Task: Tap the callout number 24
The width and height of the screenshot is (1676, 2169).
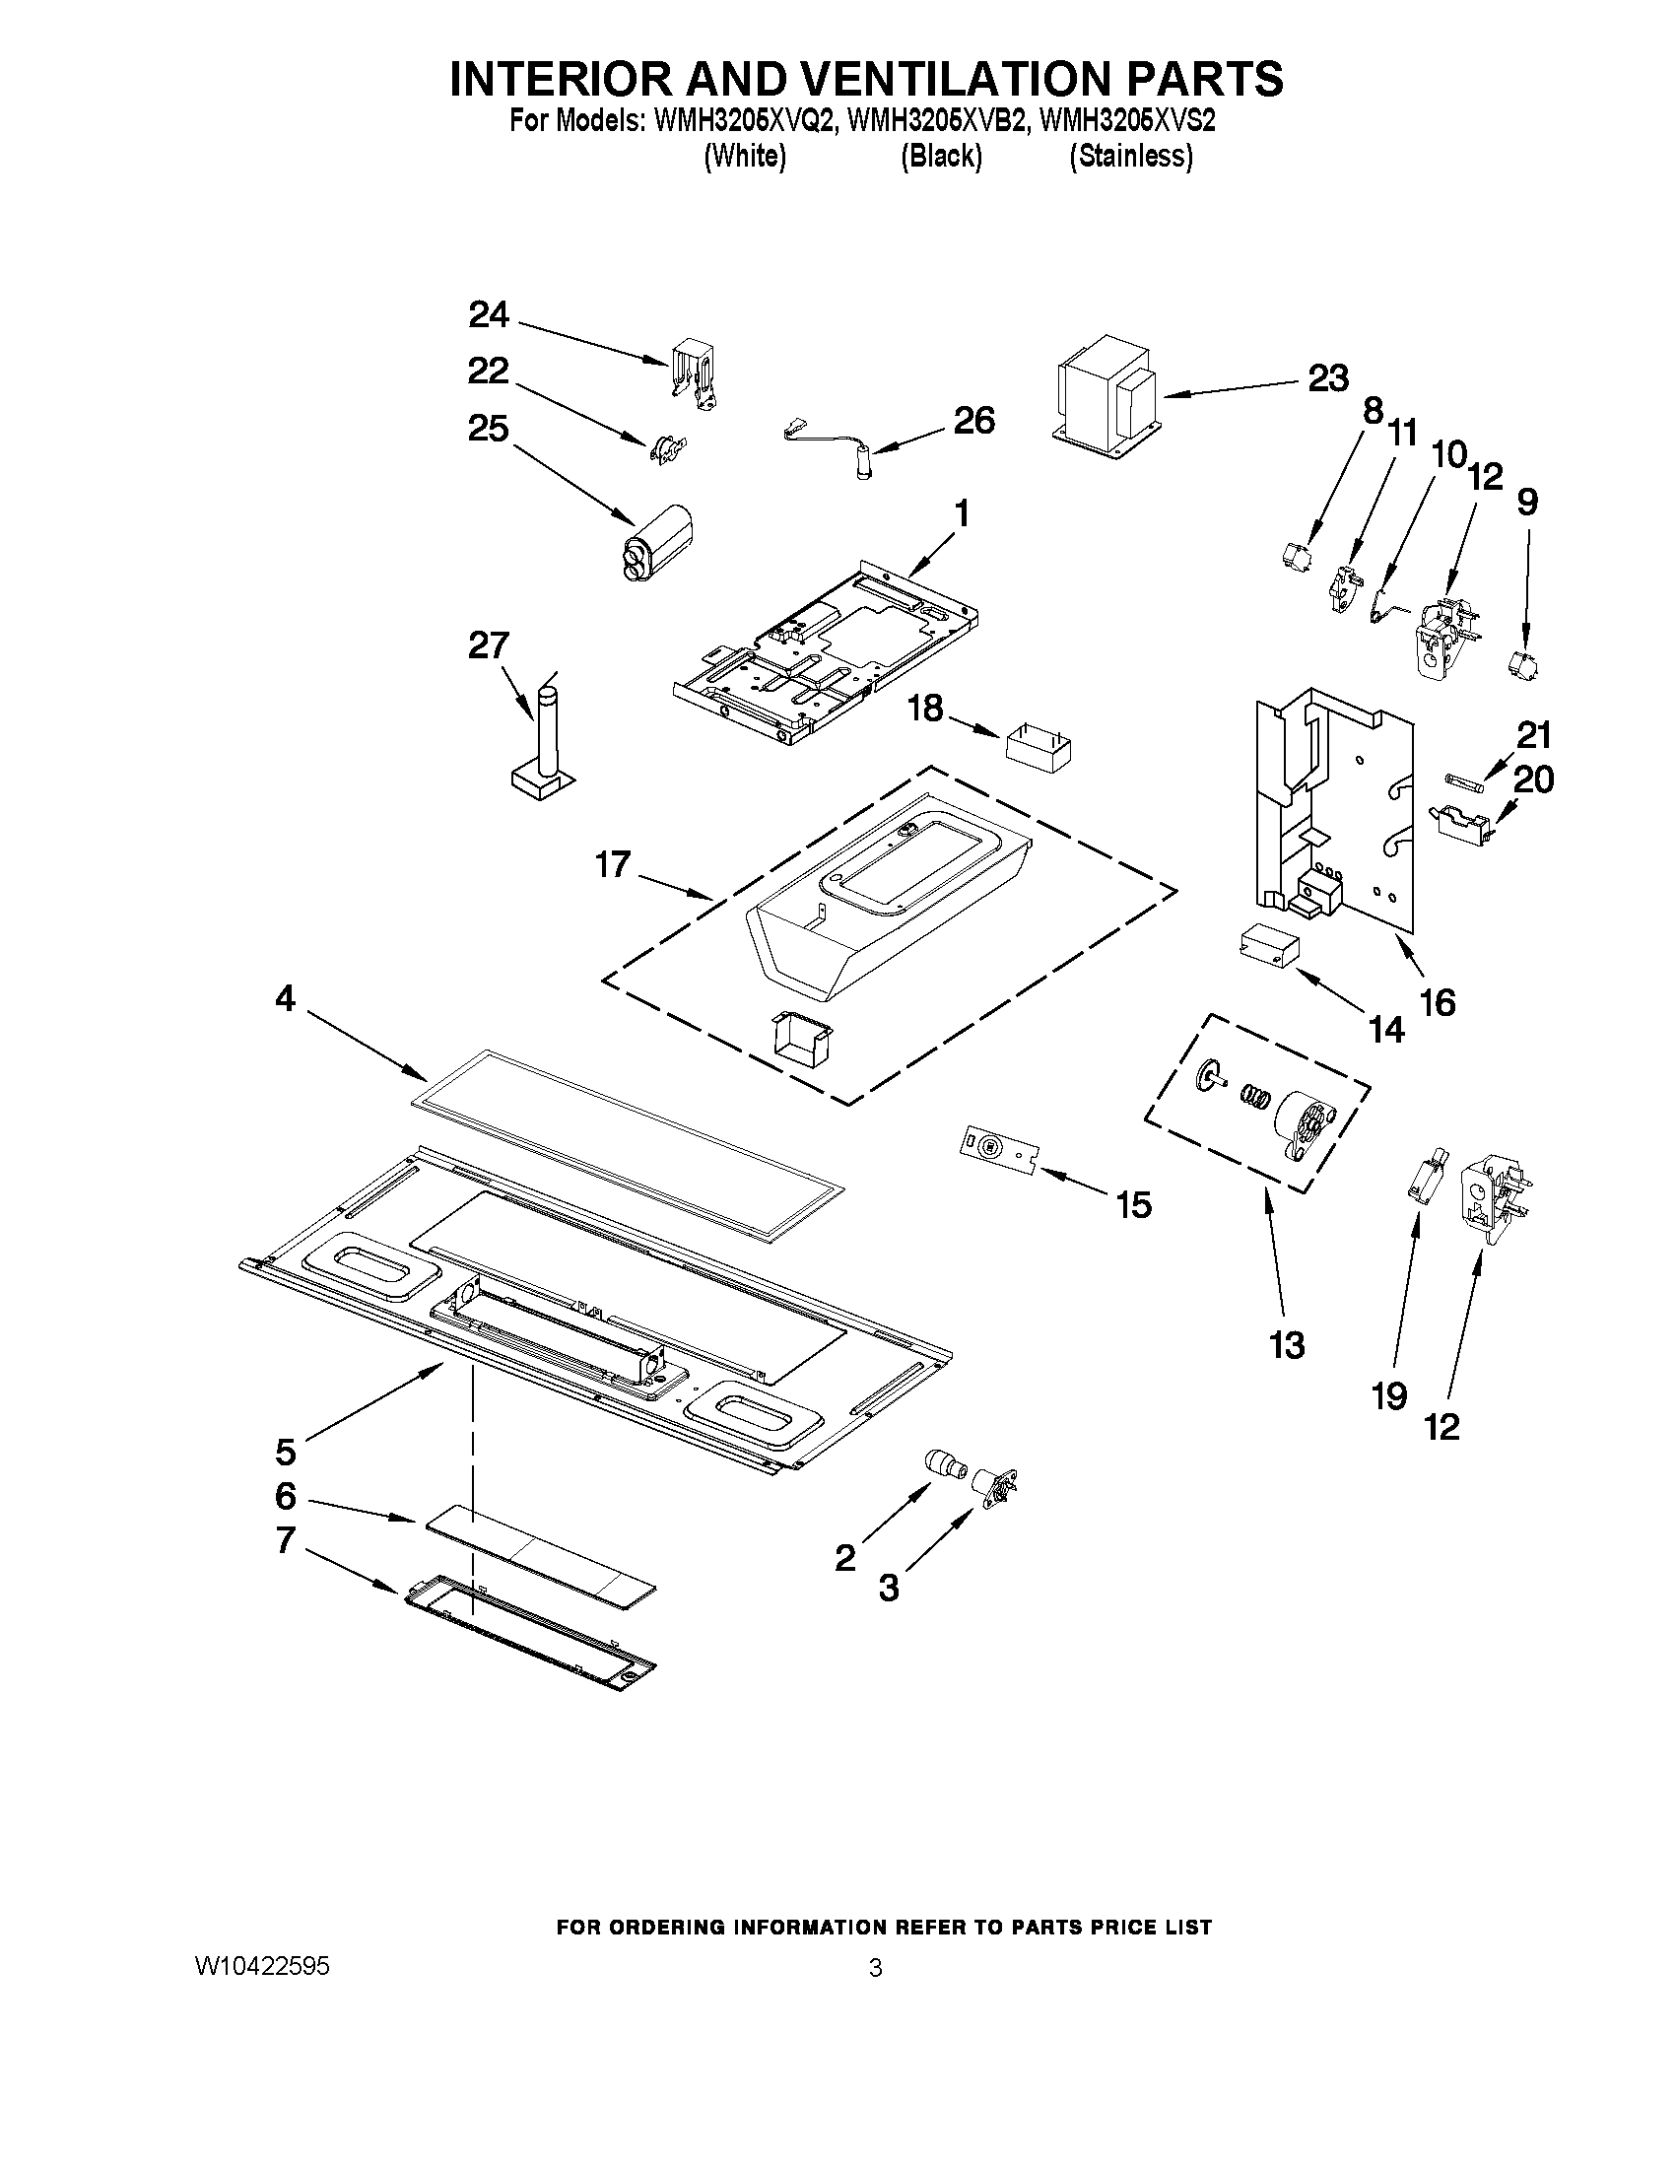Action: coord(489,315)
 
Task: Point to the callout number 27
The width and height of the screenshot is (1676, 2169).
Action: coord(489,646)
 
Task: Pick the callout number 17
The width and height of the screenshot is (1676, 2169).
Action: coord(613,864)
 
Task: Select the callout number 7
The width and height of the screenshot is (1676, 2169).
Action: coord(286,1539)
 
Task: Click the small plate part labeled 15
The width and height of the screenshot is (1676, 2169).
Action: coord(998,1150)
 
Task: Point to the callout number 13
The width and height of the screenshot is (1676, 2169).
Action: coord(1287,1346)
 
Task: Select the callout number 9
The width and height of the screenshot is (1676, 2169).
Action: coord(1527,502)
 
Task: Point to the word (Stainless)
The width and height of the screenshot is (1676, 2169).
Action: coord(1131,157)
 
